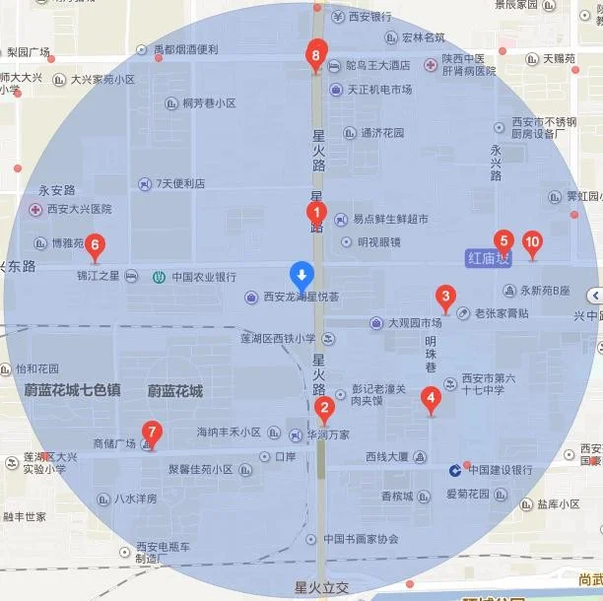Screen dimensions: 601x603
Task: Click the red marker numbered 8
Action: click(315, 55)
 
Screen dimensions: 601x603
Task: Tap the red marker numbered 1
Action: click(316, 212)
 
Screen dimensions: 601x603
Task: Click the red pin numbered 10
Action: click(532, 240)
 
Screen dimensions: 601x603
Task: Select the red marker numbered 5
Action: click(503, 240)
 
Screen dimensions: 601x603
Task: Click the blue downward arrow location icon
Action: click(302, 273)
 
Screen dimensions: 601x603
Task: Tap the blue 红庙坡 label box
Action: click(488, 258)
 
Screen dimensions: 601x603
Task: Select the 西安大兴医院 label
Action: click(71, 209)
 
